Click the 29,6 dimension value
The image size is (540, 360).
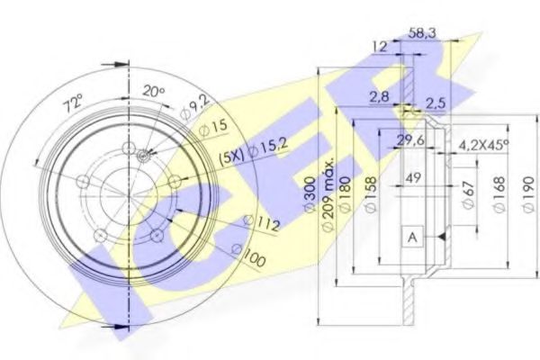coord(410,138)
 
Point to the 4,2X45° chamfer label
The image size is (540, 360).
coord(482,142)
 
